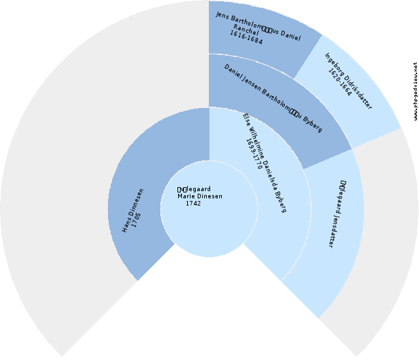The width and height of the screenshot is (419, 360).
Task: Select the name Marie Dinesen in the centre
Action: point(200,196)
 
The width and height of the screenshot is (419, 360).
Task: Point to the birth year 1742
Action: point(193,204)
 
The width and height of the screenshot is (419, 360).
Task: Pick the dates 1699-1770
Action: point(254,154)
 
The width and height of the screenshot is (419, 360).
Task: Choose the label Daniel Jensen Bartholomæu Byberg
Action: point(273,98)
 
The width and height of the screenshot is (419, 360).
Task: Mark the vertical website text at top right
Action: point(415,92)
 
